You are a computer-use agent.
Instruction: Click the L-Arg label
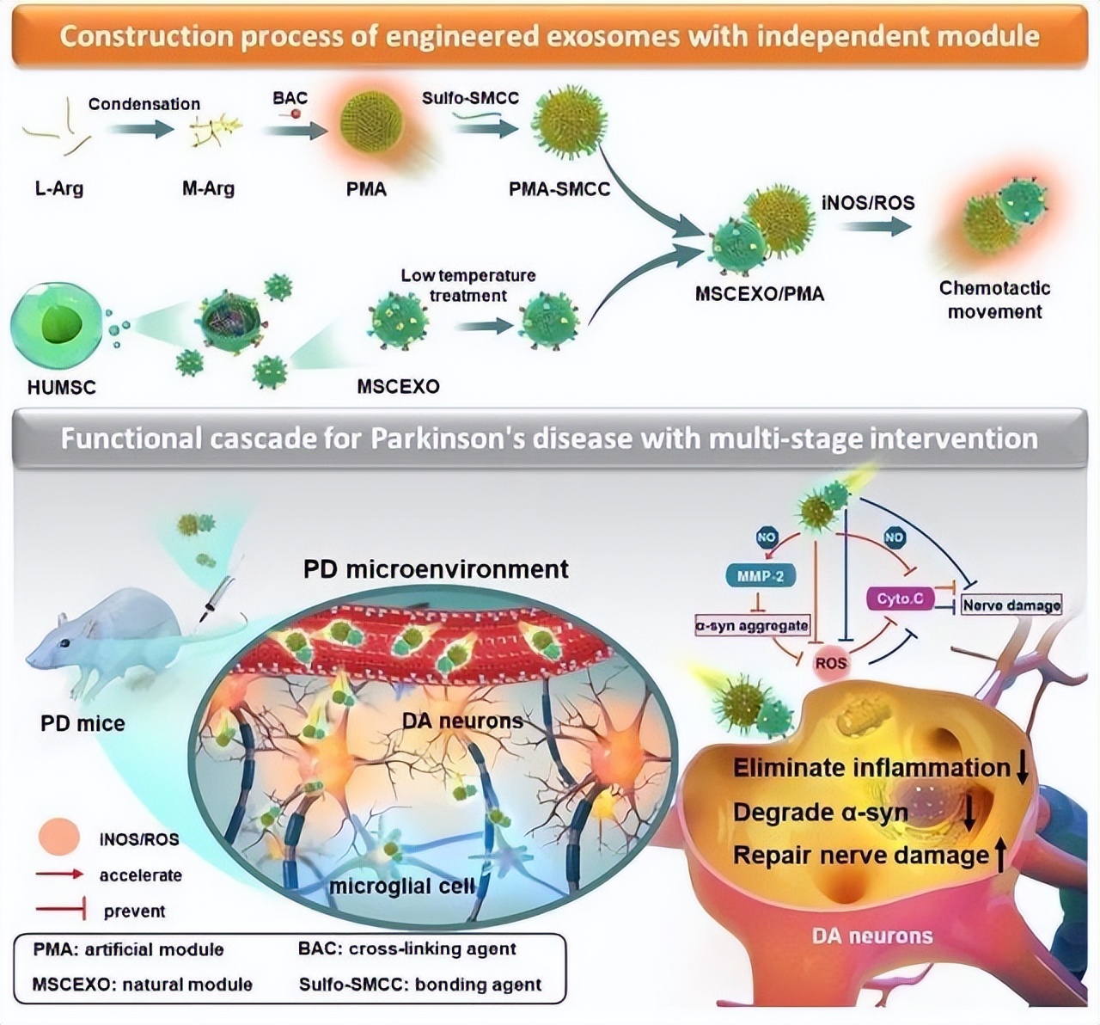click(58, 188)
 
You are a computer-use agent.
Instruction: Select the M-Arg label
click(208, 188)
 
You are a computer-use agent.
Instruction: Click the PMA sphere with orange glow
click(370, 123)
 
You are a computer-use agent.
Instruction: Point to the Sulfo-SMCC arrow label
click(470, 97)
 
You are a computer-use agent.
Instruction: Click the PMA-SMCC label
click(559, 188)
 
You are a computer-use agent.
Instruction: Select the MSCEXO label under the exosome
click(398, 386)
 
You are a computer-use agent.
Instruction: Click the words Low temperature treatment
click(468, 285)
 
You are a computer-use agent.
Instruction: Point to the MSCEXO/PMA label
click(760, 294)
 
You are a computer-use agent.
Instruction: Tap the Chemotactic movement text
click(994, 299)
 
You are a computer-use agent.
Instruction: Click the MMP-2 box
click(761, 576)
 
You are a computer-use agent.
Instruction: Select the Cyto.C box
click(900, 598)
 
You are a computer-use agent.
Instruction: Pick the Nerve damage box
click(1011, 605)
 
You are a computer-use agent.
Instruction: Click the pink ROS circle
click(831, 663)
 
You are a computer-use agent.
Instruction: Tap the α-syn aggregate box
click(752, 625)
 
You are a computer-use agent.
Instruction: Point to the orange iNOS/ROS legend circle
click(58, 837)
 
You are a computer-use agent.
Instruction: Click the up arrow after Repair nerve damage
click(1000, 856)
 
